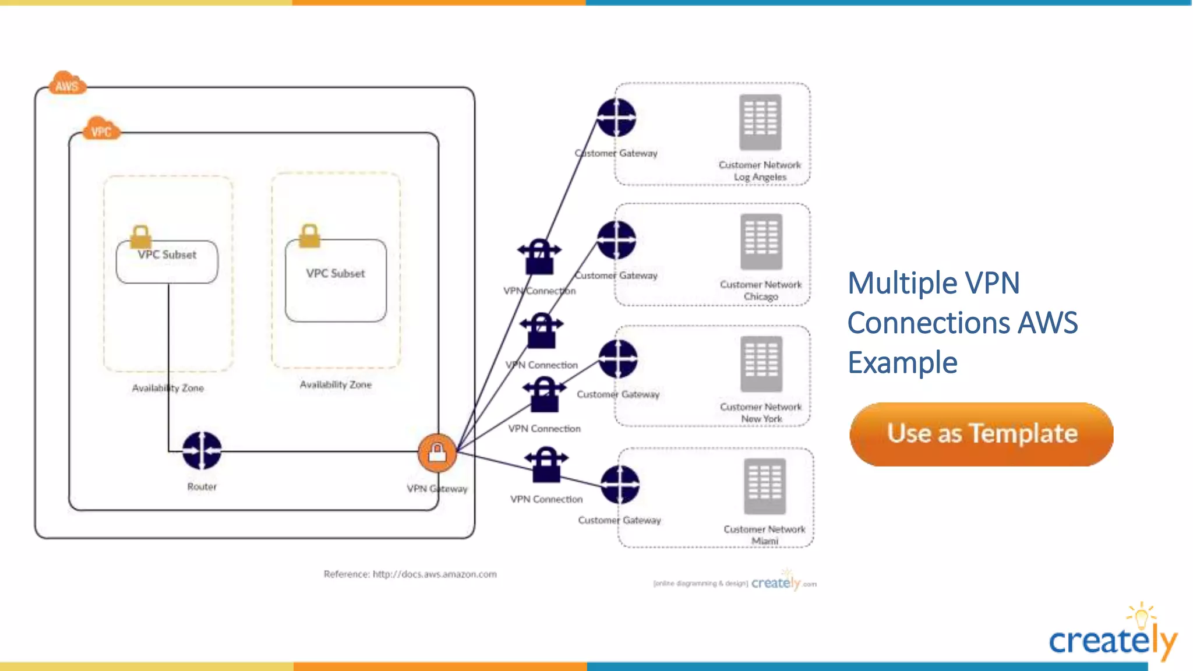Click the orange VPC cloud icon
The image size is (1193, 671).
(x=101, y=129)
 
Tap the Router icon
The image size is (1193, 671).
(x=202, y=450)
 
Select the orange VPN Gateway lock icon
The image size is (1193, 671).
(x=437, y=453)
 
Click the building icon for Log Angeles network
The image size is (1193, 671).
(x=760, y=122)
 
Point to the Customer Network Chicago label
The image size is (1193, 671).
(x=761, y=290)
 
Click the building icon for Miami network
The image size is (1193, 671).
(x=764, y=486)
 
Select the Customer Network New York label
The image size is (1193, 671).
(x=761, y=412)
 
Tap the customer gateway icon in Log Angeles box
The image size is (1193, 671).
(x=616, y=118)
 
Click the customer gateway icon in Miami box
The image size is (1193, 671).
(x=620, y=485)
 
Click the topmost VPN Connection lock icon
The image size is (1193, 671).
(x=539, y=256)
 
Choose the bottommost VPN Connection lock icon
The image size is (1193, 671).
(x=546, y=464)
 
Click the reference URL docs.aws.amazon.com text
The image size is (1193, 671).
(x=435, y=574)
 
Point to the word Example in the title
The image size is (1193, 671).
(x=902, y=363)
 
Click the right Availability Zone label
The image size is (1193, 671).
(x=336, y=384)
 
